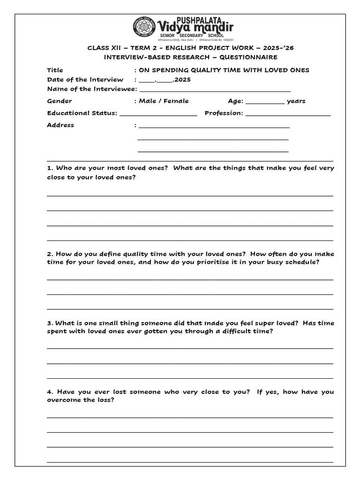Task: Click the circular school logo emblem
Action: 144,27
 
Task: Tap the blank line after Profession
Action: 288,114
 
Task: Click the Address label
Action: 60,125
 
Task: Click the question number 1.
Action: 49,168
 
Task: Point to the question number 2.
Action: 49,254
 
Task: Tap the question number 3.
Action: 49,323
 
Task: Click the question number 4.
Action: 49,392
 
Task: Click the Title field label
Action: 55,70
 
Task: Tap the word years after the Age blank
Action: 296,101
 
